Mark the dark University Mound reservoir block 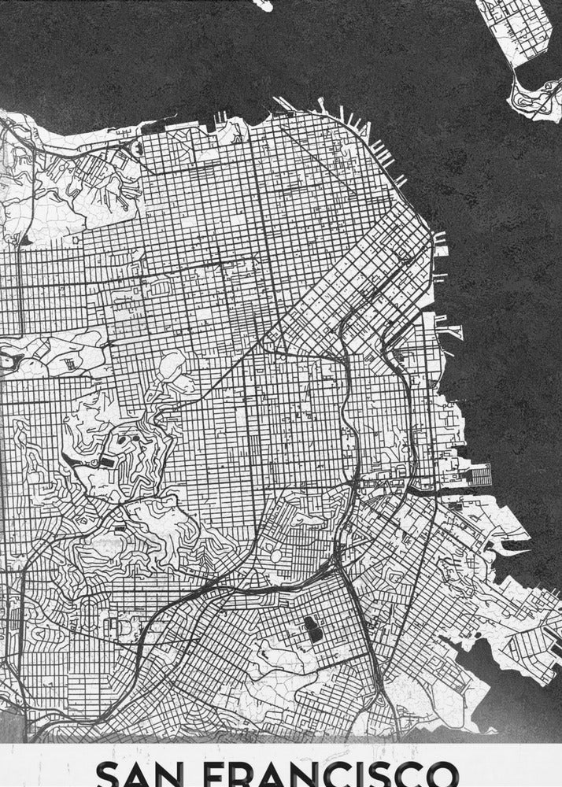[x=312, y=627]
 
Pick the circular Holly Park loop [x=277, y=555]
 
